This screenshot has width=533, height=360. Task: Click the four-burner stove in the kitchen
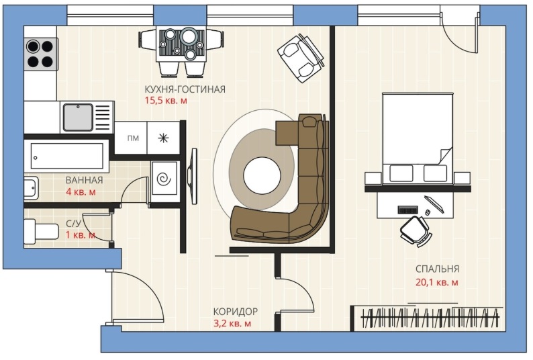tap(40, 54)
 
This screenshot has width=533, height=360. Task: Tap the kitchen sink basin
tap(78, 117)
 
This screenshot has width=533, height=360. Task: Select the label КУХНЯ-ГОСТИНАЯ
tap(185, 89)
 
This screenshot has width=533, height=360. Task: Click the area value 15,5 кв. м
tap(166, 101)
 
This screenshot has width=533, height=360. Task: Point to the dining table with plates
tap(181, 44)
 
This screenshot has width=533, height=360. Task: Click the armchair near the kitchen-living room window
tap(301, 58)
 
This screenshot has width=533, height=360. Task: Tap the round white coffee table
tap(262, 175)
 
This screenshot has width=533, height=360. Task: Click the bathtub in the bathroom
tap(67, 156)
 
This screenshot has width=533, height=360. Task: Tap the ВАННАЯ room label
tap(85, 181)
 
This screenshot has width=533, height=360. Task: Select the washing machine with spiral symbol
tap(164, 178)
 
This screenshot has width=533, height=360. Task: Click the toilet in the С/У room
tap(41, 231)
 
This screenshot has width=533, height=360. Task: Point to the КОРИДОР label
tap(236, 312)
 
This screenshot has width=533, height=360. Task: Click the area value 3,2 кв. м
tap(232, 323)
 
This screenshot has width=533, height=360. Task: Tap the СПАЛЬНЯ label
tap(437, 269)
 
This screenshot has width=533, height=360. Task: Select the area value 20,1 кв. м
tap(437, 282)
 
